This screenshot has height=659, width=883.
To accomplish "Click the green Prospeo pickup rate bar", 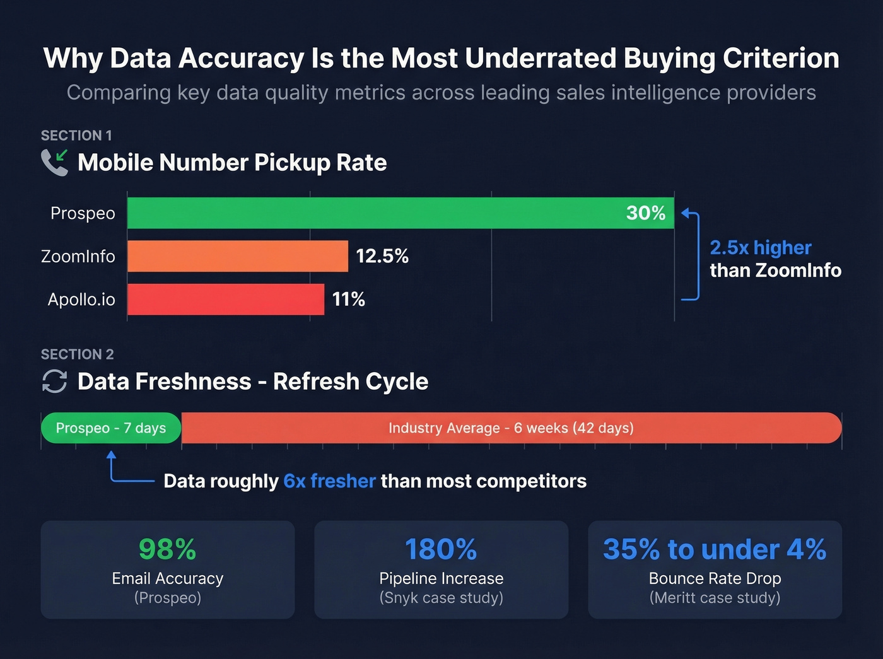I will pyautogui.click(x=378, y=213).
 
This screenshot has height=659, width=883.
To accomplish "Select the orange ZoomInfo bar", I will pyautogui.click(x=237, y=256).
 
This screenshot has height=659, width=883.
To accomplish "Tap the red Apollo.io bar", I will pyautogui.click(x=225, y=299).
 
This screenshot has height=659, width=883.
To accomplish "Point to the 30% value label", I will pyautogui.click(x=645, y=213).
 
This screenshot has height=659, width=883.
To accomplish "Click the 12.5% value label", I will pyautogui.click(x=382, y=256).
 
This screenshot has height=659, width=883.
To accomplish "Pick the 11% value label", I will pyautogui.click(x=348, y=299).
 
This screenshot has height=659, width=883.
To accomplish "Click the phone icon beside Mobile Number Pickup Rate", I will pyautogui.click(x=54, y=163).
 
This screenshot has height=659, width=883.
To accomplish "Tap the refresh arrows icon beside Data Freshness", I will pyautogui.click(x=54, y=382).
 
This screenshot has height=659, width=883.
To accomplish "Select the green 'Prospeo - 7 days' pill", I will pyautogui.click(x=111, y=428).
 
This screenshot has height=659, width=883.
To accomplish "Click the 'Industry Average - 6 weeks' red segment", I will pyautogui.click(x=511, y=428).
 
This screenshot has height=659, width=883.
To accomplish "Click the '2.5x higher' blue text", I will pyautogui.click(x=760, y=248).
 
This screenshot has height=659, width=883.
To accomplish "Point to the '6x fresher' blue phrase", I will pyautogui.click(x=329, y=481).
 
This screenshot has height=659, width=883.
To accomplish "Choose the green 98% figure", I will pyautogui.click(x=167, y=549).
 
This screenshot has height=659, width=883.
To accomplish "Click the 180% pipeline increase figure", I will pyautogui.click(x=441, y=549).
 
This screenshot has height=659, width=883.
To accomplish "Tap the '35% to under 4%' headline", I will pyautogui.click(x=715, y=549).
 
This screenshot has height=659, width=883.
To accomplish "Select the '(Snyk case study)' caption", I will pyautogui.click(x=441, y=598).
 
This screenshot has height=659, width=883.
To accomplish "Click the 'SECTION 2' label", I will pyautogui.click(x=77, y=354).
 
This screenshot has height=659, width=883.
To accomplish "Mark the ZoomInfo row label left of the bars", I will pyautogui.click(x=78, y=257).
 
